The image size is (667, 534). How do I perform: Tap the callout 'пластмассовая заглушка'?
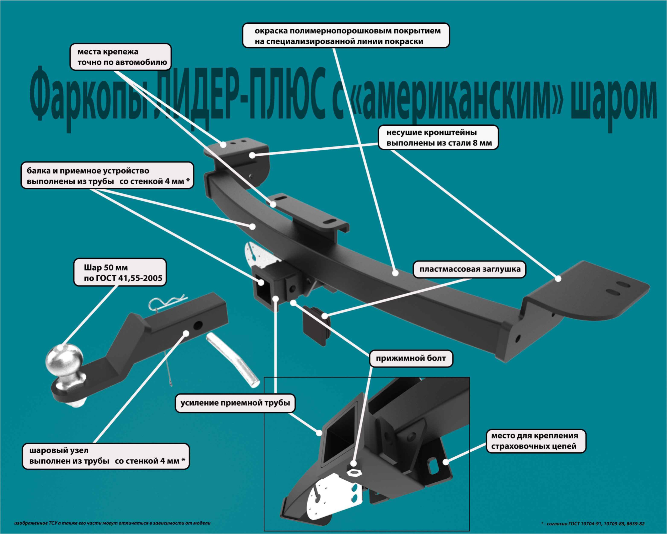click(x=469, y=269)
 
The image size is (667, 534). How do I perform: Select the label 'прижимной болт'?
click(x=411, y=358)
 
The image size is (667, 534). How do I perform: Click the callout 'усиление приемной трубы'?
click(x=235, y=403)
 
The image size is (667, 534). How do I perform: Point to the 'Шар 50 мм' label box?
click(x=120, y=273)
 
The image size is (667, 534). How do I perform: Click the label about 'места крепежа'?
click(x=120, y=57)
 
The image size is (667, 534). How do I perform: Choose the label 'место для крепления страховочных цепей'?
click(x=536, y=441)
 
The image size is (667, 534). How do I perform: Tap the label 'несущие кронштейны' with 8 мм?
click(x=438, y=137)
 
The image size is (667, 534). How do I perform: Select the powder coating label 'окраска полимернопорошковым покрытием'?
click(x=346, y=36)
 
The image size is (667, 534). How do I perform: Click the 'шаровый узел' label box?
click(x=106, y=456)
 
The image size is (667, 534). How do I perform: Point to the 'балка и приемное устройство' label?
click(x=107, y=176)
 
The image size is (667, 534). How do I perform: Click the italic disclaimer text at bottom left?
click(x=112, y=523)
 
